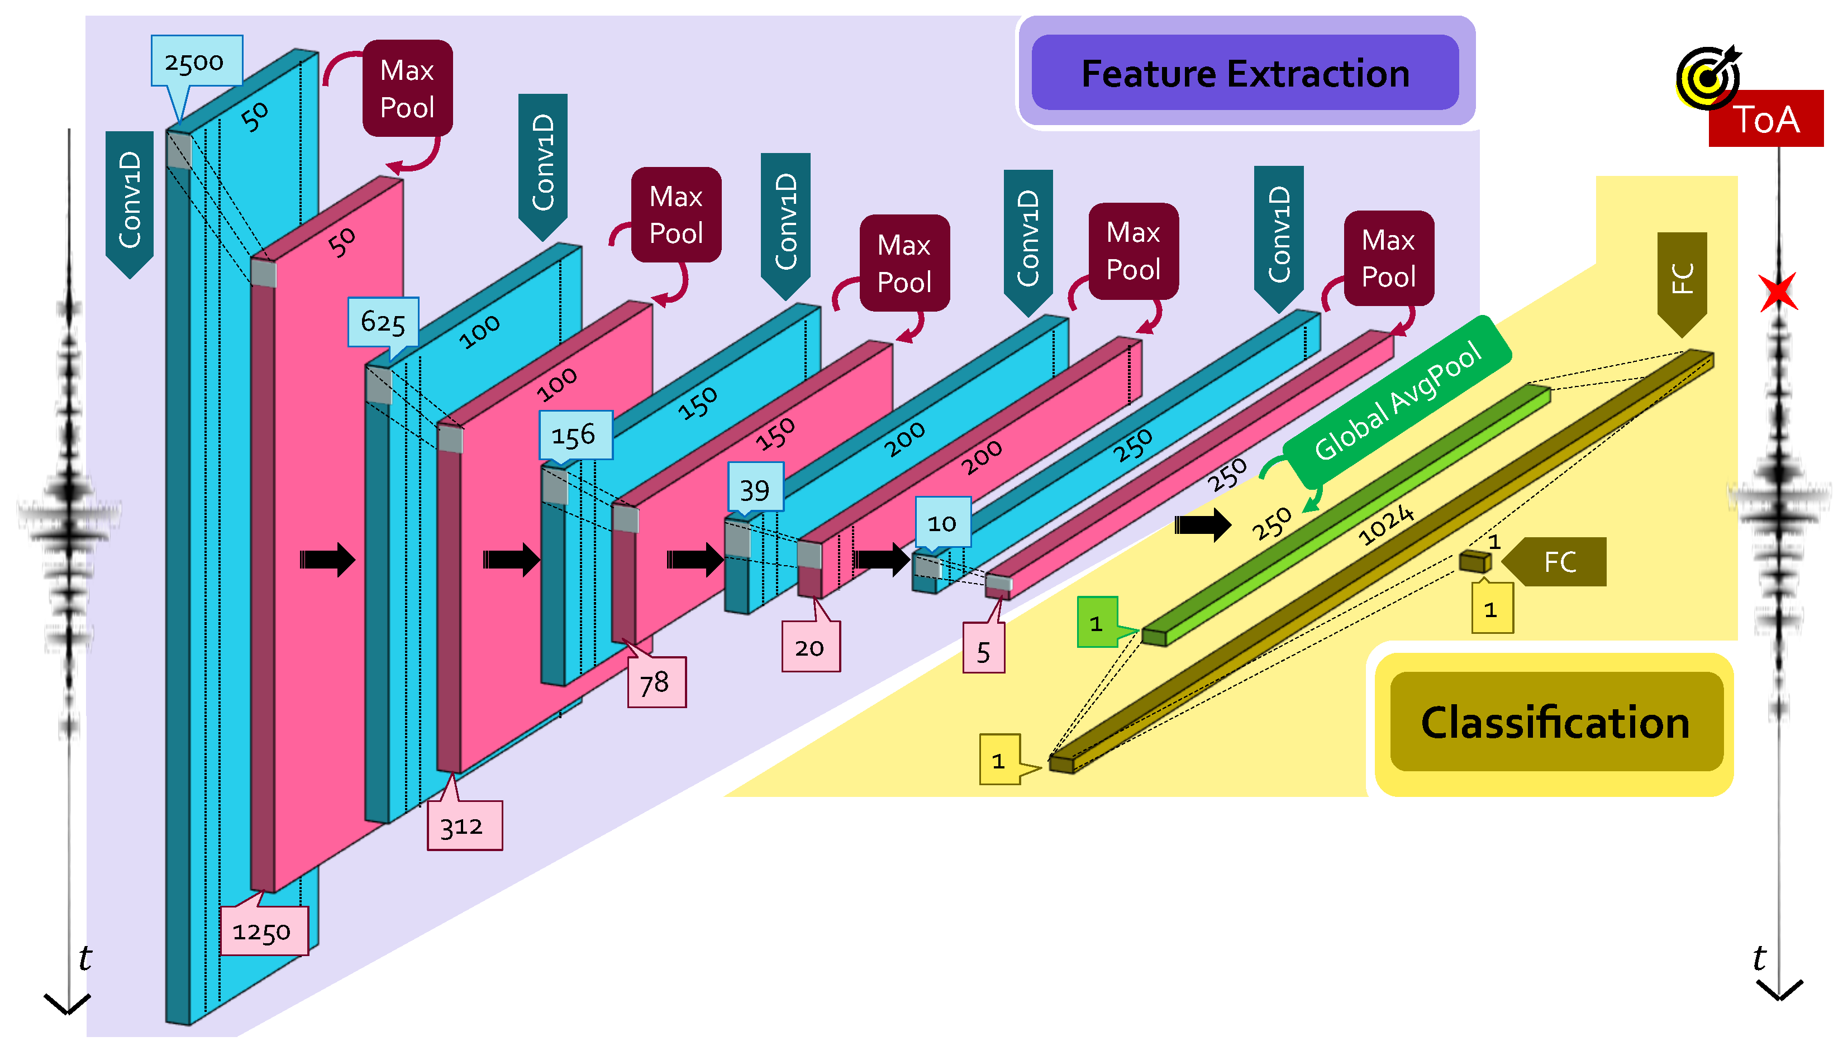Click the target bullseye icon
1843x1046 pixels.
click(1707, 78)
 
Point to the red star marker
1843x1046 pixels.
click(1778, 292)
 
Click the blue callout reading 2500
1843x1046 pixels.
click(196, 62)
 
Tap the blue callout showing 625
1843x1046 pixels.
click(383, 322)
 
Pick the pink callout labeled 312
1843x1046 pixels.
click(464, 826)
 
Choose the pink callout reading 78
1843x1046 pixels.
click(655, 682)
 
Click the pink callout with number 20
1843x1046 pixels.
click(810, 648)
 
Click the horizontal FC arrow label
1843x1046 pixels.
click(1556, 562)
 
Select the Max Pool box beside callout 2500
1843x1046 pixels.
click(407, 88)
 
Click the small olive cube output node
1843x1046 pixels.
click(1474, 561)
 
